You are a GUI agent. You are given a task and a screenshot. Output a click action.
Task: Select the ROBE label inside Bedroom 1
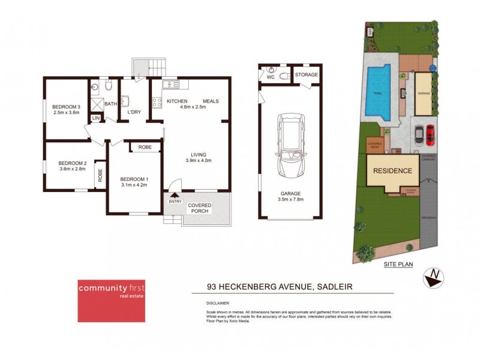[x=145, y=147]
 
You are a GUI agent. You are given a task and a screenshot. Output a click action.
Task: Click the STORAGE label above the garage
[x=306, y=74]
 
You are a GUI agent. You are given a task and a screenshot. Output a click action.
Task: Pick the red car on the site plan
[x=430, y=135]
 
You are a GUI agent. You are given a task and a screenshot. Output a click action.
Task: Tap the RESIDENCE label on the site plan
[x=394, y=171]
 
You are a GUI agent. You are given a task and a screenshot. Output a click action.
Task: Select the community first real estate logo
[x=110, y=301]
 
